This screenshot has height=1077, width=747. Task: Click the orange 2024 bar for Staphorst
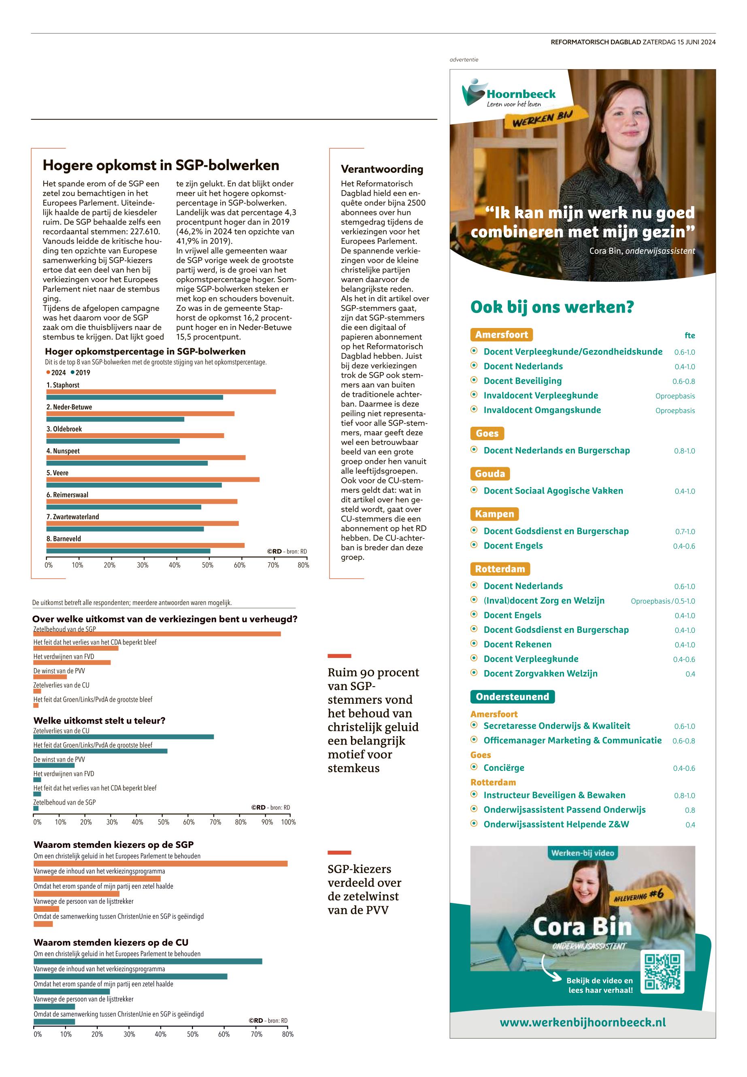161,392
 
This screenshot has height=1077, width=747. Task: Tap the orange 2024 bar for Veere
153,479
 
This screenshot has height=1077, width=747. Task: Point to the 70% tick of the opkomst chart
273,565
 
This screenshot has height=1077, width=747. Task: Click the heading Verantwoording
381,169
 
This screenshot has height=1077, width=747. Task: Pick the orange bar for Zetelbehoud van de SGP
157,634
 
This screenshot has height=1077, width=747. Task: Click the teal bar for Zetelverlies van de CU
123,737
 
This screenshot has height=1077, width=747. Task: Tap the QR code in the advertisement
664,973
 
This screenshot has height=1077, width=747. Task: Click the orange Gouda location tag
489,474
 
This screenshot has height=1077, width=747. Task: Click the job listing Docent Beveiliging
522,381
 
